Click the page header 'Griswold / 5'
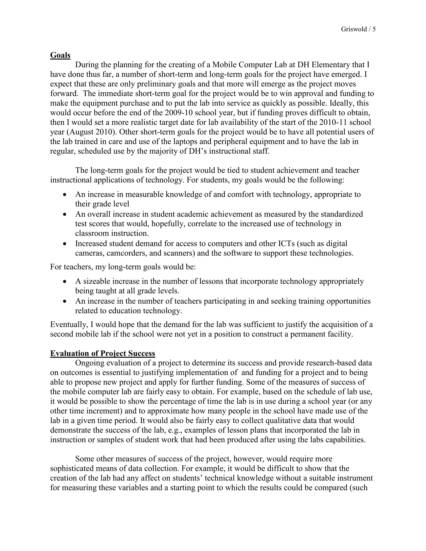[358, 29]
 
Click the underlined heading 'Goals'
[60, 55]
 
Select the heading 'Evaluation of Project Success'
[103, 353]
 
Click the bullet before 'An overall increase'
[65, 214]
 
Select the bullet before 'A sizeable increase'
[65, 281]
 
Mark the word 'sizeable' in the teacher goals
[97, 281]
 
